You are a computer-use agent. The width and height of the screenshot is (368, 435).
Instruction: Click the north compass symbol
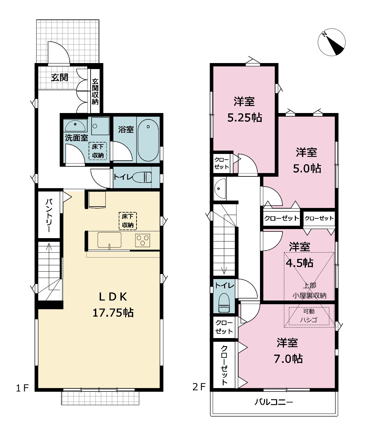(x=331, y=42)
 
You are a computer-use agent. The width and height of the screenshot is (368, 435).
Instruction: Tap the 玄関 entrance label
(x=60, y=78)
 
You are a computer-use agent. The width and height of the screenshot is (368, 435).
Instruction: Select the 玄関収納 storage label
(x=95, y=92)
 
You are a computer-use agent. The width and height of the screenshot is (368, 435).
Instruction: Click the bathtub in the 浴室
(x=148, y=140)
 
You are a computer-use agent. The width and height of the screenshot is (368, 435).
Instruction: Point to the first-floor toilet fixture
(x=143, y=177)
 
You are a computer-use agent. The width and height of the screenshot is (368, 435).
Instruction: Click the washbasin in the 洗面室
(x=75, y=126)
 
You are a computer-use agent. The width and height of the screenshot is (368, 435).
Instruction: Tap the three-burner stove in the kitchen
(x=143, y=240)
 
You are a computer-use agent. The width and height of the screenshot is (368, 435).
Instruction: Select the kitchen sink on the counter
(x=109, y=240)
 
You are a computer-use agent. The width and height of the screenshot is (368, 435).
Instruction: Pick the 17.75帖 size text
(x=113, y=313)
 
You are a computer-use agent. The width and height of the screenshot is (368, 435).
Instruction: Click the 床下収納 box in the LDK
(x=128, y=221)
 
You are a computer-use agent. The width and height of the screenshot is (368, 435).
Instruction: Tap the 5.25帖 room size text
(x=245, y=118)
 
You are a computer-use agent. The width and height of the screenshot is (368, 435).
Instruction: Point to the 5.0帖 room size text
(x=307, y=168)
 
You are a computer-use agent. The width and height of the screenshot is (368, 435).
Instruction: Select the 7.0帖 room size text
(x=288, y=359)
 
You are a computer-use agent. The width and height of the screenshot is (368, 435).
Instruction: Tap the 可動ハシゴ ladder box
(x=309, y=316)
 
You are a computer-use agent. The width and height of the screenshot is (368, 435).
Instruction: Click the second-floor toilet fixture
(x=224, y=303)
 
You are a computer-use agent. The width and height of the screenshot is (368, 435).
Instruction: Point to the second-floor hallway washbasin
(x=220, y=188)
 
